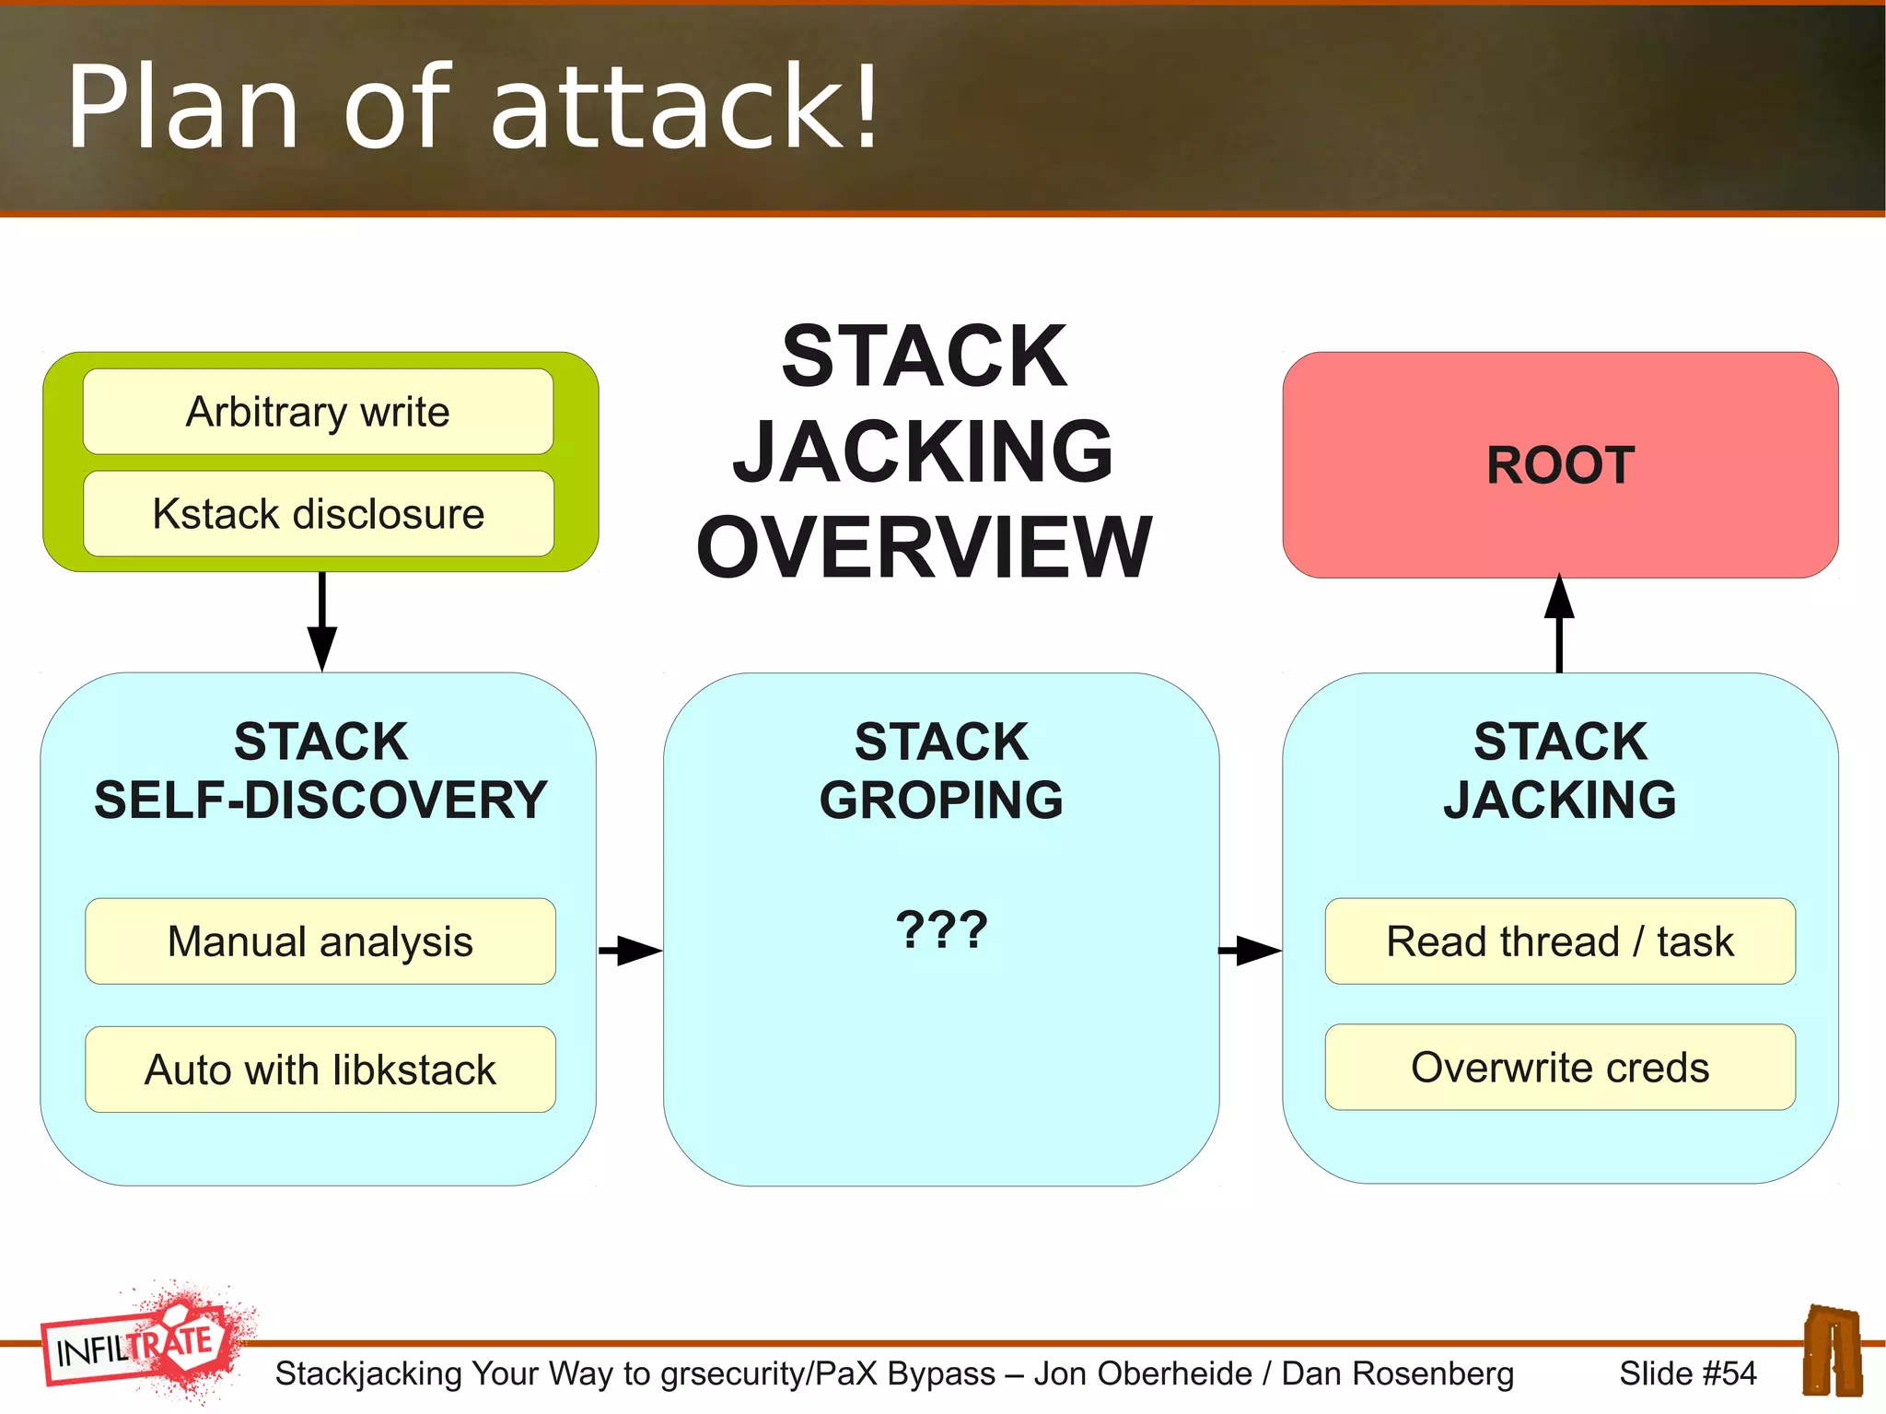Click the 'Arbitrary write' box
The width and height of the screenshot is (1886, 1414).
coord(318,412)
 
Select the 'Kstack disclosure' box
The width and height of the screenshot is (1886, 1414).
coord(318,514)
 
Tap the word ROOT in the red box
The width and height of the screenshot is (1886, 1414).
coord(1560,465)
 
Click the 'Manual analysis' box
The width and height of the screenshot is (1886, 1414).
coord(320,941)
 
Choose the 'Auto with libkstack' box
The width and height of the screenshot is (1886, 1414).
coord(320,1069)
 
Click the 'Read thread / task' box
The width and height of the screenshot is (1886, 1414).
coord(1560,941)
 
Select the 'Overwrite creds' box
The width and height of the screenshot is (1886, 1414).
coord(1560,1068)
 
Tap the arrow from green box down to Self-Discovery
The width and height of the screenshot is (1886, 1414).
coord(321,622)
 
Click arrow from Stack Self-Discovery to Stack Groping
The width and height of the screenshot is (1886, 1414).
coord(630,950)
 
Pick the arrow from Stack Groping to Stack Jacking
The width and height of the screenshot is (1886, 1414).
coord(1250,950)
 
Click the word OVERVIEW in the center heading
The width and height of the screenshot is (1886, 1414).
coord(924,547)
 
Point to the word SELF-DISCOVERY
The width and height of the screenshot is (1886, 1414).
coord(320,800)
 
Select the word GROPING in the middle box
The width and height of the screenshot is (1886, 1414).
coord(941,800)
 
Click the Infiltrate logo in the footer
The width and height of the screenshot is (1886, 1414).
coord(143,1344)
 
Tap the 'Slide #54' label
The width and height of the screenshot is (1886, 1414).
coord(1687,1373)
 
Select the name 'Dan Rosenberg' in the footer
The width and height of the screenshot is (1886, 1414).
coord(1397,1373)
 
